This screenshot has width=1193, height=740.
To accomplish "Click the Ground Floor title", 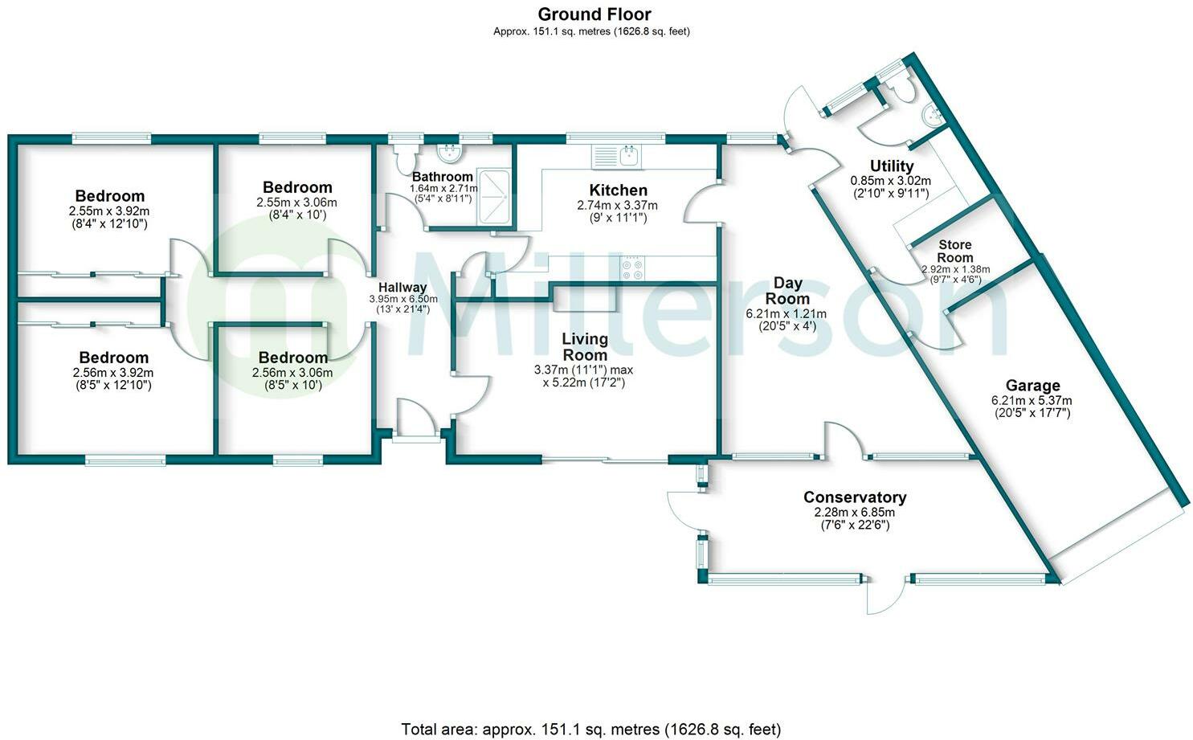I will (594, 14).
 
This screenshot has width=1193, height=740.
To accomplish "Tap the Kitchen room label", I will (618, 190).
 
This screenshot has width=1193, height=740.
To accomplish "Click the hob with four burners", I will (632, 268).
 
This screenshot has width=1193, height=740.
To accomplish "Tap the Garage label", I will (1032, 386).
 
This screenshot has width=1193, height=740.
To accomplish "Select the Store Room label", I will (954, 251).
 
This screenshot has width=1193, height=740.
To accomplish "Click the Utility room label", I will (892, 166).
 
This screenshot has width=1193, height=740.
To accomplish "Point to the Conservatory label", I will (855, 497).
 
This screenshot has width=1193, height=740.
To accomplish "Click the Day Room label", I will (787, 290).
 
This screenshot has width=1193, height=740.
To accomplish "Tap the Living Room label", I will (584, 346).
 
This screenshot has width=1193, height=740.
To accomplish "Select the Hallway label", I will (402, 287).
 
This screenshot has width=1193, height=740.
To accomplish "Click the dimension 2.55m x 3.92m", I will (109, 211).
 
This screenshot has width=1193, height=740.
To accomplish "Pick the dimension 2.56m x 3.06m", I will (292, 373).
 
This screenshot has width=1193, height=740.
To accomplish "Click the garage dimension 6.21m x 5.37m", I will (1032, 400).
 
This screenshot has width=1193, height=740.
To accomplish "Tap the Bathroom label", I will (442, 177).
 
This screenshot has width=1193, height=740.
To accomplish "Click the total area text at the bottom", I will (590, 730).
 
